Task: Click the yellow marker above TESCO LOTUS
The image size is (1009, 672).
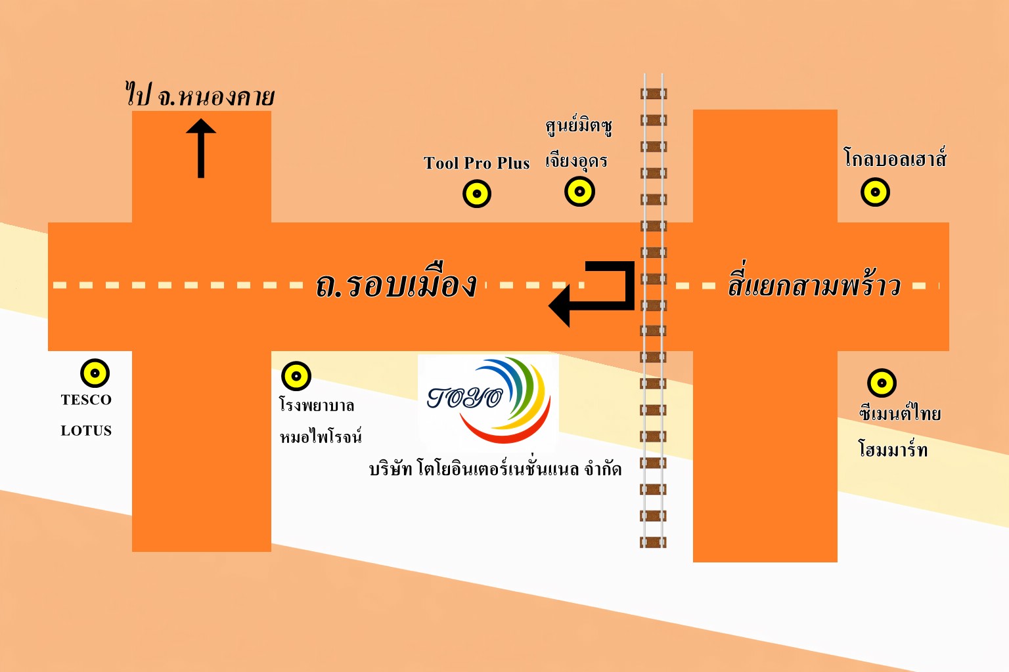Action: click(x=95, y=373)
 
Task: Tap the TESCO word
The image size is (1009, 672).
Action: click(x=86, y=400)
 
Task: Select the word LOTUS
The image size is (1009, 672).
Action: click(x=86, y=430)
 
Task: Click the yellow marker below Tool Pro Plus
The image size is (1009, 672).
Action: click(x=477, y=194)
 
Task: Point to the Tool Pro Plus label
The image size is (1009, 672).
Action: click(x=476, y=163)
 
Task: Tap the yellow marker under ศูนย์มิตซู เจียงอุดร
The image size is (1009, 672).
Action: click(x=579, y=192)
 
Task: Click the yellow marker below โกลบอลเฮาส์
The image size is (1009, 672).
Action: click(x=875, y=192)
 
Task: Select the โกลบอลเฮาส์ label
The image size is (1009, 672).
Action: click(x=895, y=158)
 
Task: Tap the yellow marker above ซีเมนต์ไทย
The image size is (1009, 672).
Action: click(x=882, y=383)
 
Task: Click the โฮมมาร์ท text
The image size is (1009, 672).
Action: click(x=893, y=449)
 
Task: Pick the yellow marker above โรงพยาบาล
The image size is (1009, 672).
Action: click(x=296, y=376)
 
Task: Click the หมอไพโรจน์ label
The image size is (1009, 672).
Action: click(x=321, y=436)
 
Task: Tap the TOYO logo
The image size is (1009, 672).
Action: click(x=488, y=400)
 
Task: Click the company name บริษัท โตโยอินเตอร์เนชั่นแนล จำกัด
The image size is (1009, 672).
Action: click(x=495, y=469)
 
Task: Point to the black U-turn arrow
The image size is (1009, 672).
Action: click(x=594, y=293)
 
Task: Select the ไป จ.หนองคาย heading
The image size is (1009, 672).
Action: click(x=200, y=96)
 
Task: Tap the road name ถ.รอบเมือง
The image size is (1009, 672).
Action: click(x=396, y=285)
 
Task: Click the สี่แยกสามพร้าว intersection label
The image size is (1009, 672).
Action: click(x=813, y=285)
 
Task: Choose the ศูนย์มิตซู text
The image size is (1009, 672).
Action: click(x=579, y=125)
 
